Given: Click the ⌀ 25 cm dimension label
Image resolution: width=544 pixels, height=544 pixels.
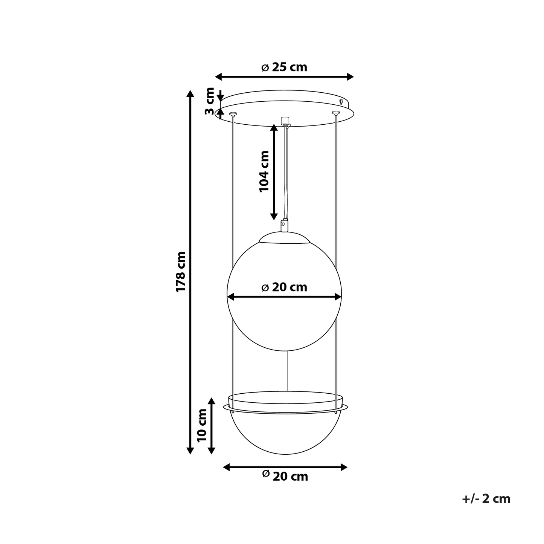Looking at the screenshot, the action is point(284,67).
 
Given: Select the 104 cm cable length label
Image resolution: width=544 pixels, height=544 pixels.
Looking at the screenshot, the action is point(264,172).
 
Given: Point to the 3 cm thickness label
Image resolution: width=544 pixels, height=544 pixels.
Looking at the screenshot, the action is point(209,101).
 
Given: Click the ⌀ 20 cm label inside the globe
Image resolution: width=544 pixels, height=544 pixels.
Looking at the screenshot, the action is point(284,287).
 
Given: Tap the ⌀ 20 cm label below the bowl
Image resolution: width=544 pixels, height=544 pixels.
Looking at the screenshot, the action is point(285,477).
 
